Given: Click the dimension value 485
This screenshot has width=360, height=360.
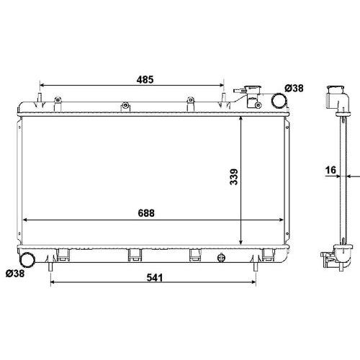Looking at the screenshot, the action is coord(145,79).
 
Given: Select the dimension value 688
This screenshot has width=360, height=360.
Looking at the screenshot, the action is coord(146,213).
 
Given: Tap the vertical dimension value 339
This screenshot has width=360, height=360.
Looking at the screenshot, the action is coord(234,177).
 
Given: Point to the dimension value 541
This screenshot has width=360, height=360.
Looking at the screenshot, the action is coord(155,278).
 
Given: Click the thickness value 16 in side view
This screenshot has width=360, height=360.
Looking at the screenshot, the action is coord(330,170).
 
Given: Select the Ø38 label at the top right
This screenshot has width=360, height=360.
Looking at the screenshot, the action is coord(294,89).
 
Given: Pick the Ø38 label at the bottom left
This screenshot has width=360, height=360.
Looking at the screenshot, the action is coord(15,273).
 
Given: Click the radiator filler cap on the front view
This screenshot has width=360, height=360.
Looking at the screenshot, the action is coord(253,89).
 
